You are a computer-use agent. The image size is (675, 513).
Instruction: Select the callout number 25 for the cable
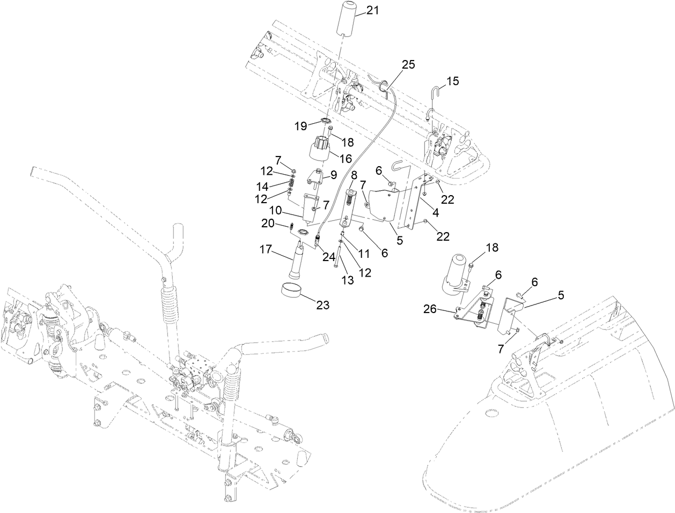(408, 64)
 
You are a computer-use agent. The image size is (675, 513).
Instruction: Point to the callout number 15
(453, 81)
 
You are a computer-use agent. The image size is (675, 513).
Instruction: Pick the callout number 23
(322, 305)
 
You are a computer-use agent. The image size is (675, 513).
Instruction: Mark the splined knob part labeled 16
(321, 149)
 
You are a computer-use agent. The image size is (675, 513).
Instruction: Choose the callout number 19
(300, 126)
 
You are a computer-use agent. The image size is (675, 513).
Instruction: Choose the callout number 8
(354, 175)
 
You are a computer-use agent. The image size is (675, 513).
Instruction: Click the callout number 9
(334, 174)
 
